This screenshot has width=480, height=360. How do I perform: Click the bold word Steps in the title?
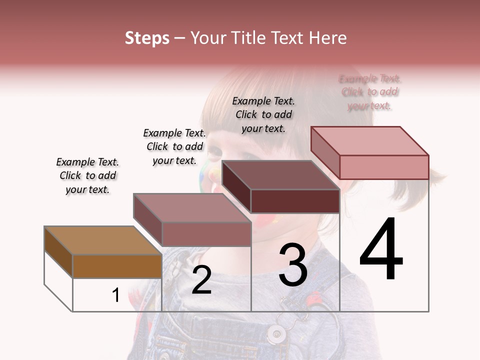coord(147,38)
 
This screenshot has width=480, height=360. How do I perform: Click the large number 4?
coord(381,250)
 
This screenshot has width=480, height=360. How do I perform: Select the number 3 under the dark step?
coord(293,265)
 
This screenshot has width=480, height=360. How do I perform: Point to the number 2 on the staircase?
coord(201,280)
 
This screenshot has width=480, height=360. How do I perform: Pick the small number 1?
coord(116,295)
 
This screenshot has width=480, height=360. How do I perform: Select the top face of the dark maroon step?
coord(280,175)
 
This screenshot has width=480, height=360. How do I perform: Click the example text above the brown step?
coord(87,175)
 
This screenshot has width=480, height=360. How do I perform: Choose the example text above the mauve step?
coord(174,146)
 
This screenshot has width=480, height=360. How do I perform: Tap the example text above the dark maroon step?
coord(263,114)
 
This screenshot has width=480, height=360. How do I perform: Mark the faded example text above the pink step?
coord(370,92)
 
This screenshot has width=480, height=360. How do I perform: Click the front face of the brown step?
coord(117,266)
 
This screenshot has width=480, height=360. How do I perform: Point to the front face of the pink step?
coord(384,167)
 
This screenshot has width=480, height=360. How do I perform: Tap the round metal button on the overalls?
coord(275,332)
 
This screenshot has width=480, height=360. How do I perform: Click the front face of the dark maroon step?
coord(295,201)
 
